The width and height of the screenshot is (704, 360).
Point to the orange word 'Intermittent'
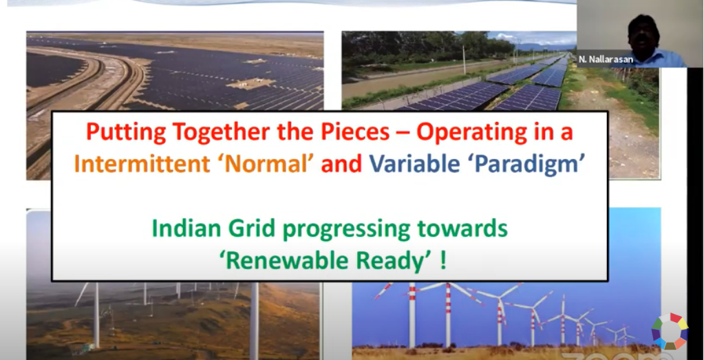[142, 165]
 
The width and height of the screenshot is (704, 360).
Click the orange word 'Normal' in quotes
[266, 165]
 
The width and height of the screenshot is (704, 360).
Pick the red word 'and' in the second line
[341, 165]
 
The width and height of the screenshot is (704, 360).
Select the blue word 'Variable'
[414, 165]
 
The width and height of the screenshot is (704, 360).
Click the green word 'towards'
[462, 229]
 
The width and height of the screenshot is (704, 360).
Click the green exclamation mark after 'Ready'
[443, 260]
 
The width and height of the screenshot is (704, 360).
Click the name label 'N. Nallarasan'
[606, 59]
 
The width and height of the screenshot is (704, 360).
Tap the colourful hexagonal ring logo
[670, 331]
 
